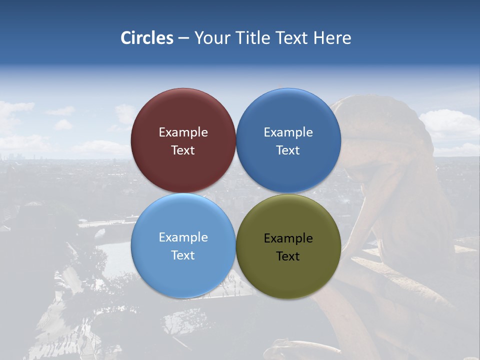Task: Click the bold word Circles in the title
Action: tap(147, 38)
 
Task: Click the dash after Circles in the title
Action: tap(183, 38)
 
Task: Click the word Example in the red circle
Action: tap(183, 132)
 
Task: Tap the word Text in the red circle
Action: tap(183, 150)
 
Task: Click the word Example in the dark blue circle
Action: tap(288, 132)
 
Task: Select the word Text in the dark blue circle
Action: tap(288, 150)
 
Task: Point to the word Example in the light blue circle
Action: tap(183, 237)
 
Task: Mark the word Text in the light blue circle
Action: tap(183, 255)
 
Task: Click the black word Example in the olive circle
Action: tap(288, 238)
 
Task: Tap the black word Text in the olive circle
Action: tap(288, 256)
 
